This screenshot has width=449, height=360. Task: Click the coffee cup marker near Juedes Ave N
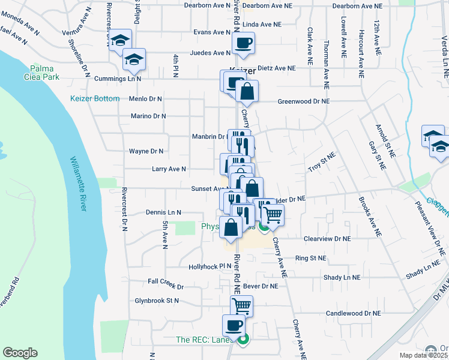pos(243,43)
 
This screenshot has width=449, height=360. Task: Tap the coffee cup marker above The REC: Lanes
pos(234,326)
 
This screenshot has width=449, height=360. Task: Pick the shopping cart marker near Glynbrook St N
pos(241,307)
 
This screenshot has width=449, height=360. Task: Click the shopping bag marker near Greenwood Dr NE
pos(246,92)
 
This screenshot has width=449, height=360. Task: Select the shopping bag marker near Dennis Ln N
pos(231,228)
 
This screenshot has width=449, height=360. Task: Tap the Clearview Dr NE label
pos(327,238)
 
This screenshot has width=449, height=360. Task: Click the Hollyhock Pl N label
pos(209,266)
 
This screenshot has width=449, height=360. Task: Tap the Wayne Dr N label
pos(146,151)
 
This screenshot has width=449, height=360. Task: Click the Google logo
pos(20,352)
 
